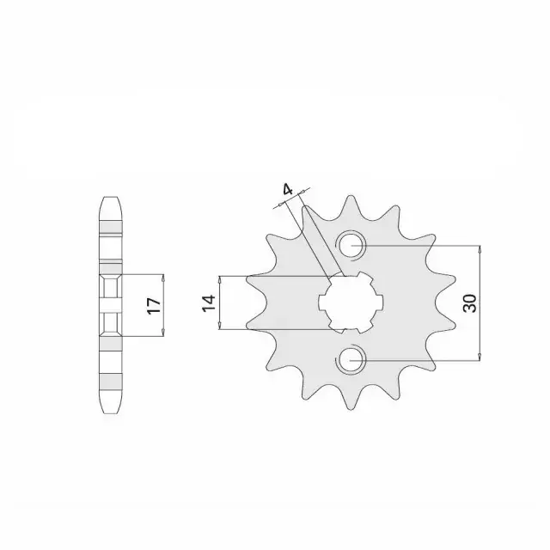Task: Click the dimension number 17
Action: click(x=154, y=306)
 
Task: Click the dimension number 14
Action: click(x=208, y=303)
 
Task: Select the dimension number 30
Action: click(x=470, y=303)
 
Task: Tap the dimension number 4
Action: click(x=288, y=190)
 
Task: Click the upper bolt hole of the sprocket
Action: click(x=351, y=245)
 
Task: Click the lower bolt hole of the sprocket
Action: click(x=351, y=360)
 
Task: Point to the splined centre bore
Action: click(x=351, y=302)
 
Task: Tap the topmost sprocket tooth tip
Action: click(x=351, y=196)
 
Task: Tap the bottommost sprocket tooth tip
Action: click(x=351, y=409)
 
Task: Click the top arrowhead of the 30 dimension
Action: click(x=480, y=248)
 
